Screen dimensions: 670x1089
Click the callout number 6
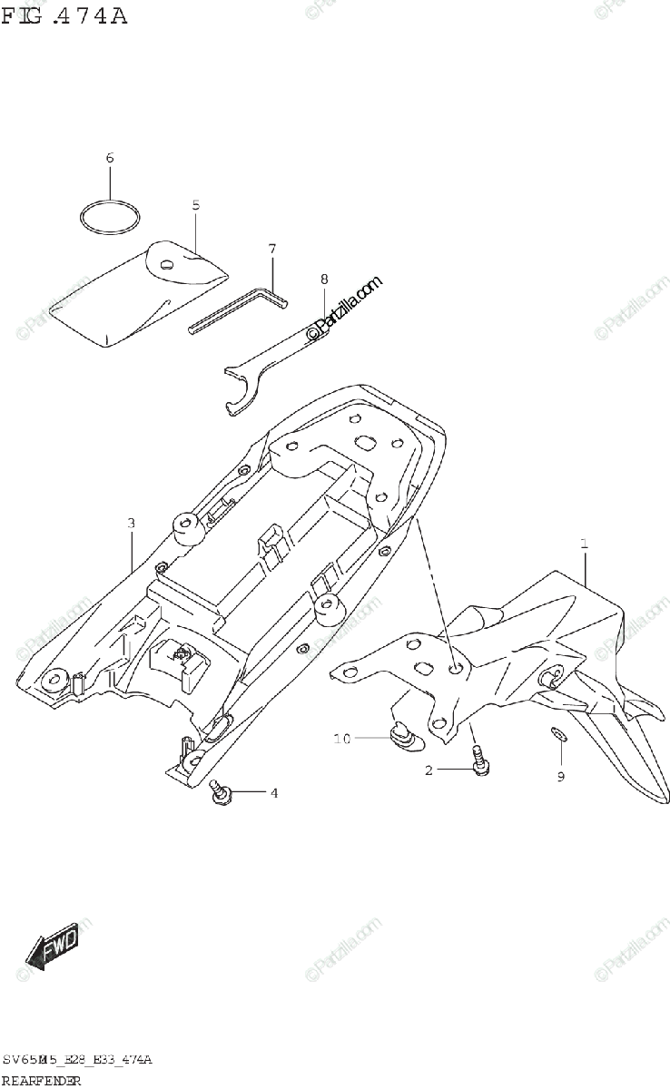tap(110, 158)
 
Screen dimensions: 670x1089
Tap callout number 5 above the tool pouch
tap(195, 205)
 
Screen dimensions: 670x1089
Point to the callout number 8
tap(323, 279)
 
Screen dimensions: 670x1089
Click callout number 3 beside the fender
tap(132, 524)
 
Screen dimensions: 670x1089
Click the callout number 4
tap(273, 793)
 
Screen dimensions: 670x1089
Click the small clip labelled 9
tap(558, 734)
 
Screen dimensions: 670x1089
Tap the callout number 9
tap(560, 776)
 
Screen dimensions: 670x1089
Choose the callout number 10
tap(342, 739)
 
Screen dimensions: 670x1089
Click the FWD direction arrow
tap(52, 947)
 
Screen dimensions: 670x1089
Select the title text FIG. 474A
tap(64, 15)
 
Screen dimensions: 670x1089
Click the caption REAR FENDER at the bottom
tap(42, 1080)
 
